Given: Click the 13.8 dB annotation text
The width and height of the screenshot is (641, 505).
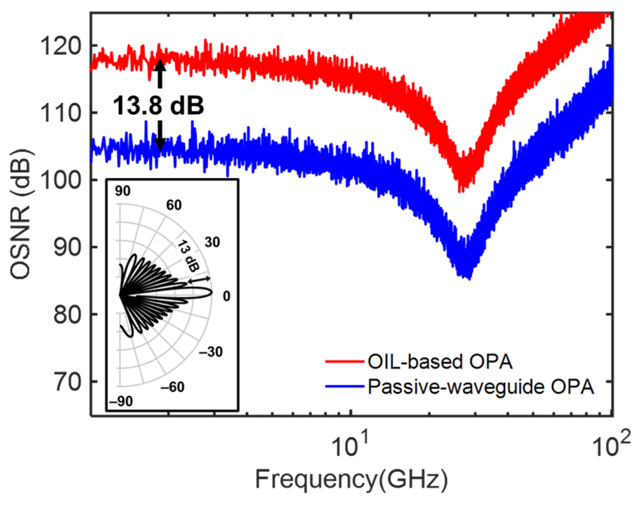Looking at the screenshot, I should [159, 106].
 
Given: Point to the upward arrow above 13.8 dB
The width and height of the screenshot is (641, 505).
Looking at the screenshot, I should [160, 73].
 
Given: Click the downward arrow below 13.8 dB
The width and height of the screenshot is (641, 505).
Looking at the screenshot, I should [160, 136].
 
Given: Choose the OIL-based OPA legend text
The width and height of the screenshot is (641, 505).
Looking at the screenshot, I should [440, 362].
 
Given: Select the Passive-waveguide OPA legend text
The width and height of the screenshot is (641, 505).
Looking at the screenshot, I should [481, 387].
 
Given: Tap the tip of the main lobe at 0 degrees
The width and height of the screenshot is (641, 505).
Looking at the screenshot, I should [212, 293].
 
